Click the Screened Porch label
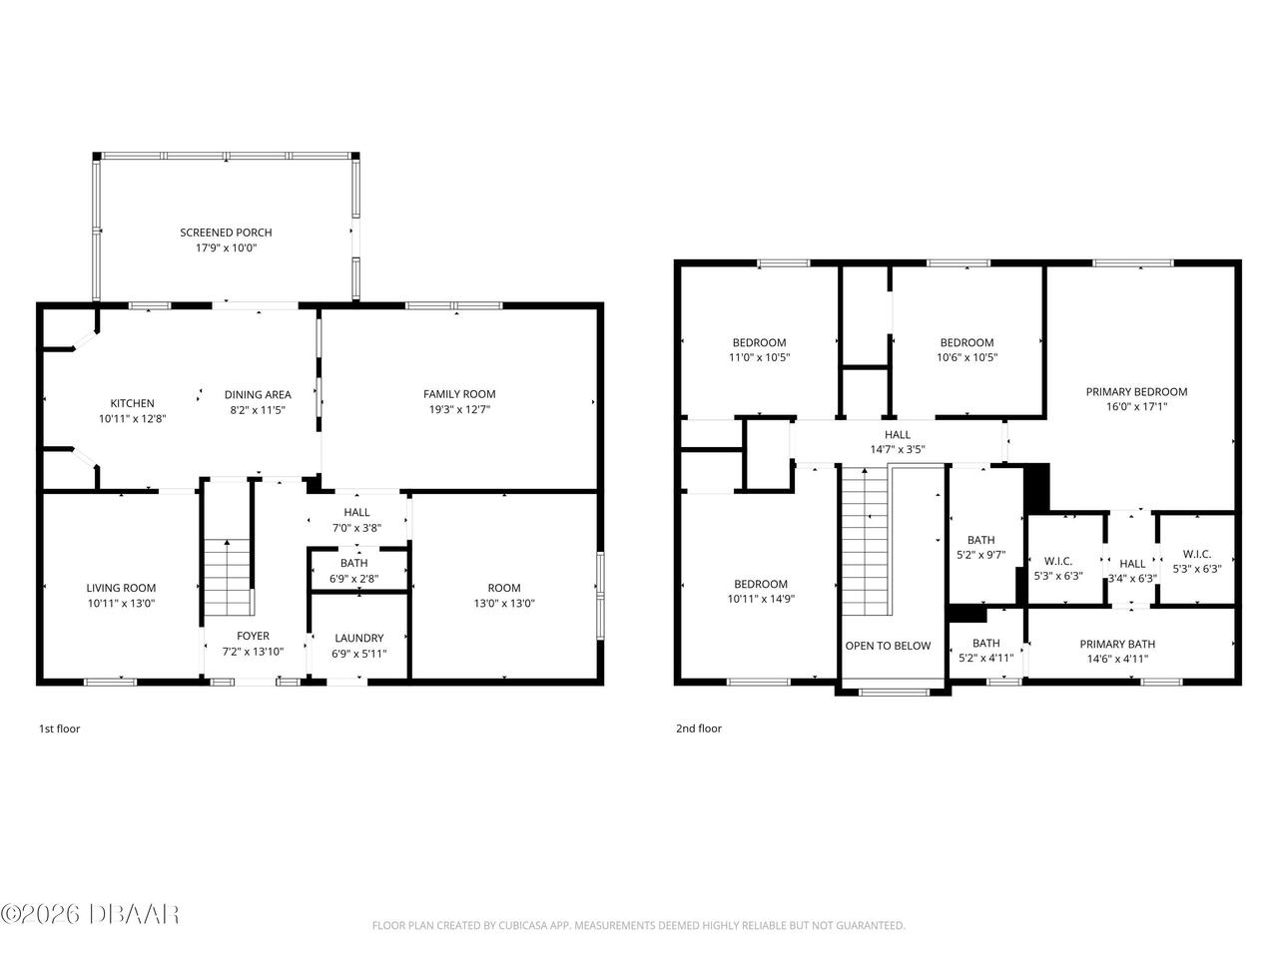click(226, 233)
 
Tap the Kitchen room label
click(132, 403)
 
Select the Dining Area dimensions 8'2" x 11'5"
click(258, 409)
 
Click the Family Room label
click(459, 394)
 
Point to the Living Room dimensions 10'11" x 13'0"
click(121, 603)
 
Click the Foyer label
click(253, 636)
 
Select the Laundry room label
click(359, 639)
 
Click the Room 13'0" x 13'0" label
click(504, 588)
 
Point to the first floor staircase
click(228, 579)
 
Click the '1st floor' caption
click(59, 728)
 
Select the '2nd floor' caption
click(698, 728)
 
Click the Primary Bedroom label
click(1136, 392)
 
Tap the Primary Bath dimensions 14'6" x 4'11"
click(1117, 659)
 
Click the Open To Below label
click(888, 646)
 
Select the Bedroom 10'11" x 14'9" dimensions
click(761, 599)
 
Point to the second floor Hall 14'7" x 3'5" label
click(897, 435)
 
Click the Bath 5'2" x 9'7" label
click(980, 540)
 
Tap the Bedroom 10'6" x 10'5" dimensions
click(966, 357)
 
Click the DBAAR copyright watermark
click(90, 913)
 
